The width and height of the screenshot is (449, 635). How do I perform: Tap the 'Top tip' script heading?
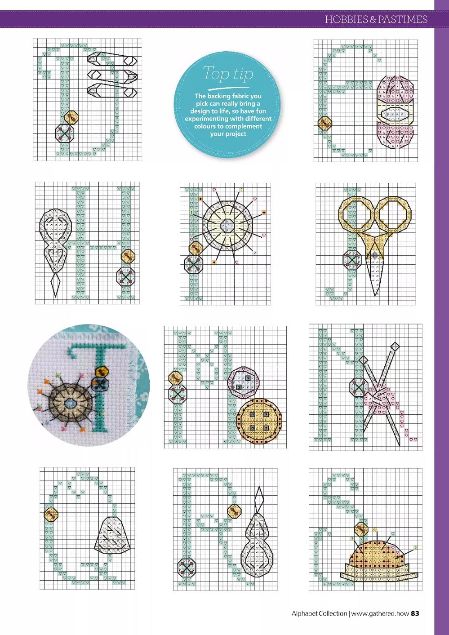pyautogui.click(x=228, y=74)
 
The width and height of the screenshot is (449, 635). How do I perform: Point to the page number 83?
pyautogui.click(x=415, y=613)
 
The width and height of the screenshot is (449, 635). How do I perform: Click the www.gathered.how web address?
pyautogui.click(x=380, y=613)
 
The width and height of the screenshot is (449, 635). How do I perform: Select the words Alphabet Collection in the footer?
pyautogui.click(x=319, y=613)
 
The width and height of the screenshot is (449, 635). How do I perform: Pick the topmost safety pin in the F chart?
pyautogui.click(x=112, y=59)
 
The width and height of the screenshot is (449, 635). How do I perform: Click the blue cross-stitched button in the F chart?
pyautogui.click(x=65, y=133)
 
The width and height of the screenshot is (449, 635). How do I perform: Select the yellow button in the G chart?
pyautogui.click(x=325, y=123)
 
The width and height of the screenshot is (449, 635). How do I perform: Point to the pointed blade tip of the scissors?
pyautogui.click(x=376, y=295)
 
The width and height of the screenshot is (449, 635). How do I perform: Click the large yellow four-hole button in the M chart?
pyautogui.click(x=259, y=421)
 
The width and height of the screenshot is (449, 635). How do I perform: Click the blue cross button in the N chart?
pyautogui.click(x=358, y=387)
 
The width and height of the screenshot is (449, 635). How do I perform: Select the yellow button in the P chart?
pyautogui.click(x=235, y=511)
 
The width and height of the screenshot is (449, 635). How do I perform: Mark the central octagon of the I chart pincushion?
pyautogui.click(x=227, y=225)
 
